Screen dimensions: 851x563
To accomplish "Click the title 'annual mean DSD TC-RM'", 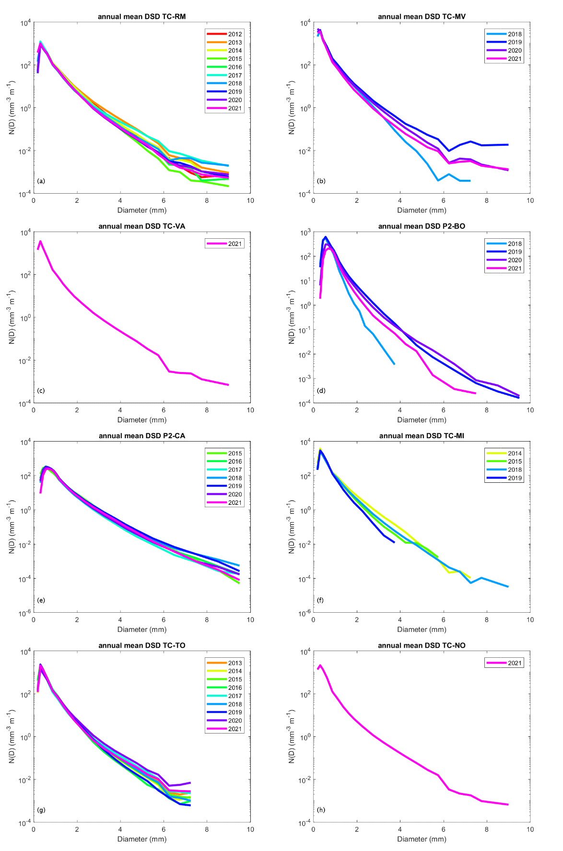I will (141, 17).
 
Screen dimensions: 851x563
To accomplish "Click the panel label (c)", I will (41, 391).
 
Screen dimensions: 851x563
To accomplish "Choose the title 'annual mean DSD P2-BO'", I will (422, 226).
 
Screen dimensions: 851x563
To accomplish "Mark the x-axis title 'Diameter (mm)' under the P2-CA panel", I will (142, 630).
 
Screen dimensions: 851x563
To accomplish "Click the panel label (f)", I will (320, 600).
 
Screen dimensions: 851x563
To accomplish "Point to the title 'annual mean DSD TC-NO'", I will (422, 645).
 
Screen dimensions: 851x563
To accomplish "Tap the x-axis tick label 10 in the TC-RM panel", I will (250, 200).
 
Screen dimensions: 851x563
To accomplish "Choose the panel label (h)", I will (321, 810).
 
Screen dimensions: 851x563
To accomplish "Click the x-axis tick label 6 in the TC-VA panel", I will (164, 410).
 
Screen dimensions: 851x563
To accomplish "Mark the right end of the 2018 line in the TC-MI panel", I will (508, 586).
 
